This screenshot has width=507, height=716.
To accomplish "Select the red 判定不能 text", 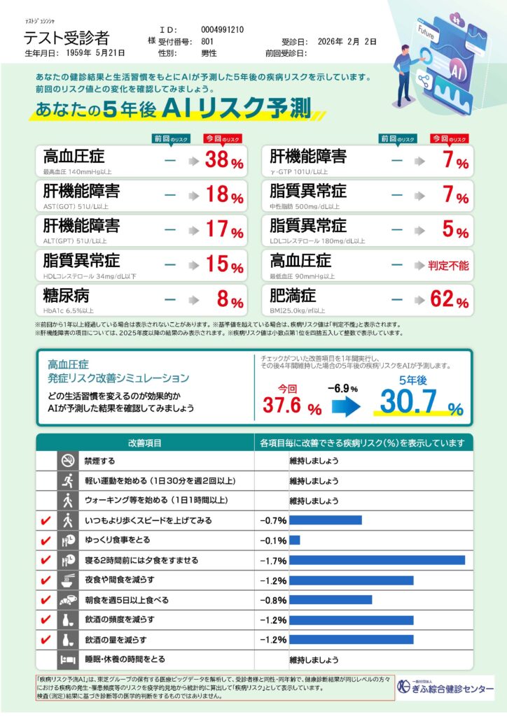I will pyautogui.click(x=448, y=266).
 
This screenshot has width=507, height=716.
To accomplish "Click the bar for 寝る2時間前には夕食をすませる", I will pyautogui.click(x=377, y=560).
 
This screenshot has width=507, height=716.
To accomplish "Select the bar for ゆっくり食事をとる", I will pyautogui.click(x=294, y=540).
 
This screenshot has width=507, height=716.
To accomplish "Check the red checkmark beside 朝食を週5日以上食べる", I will pyautogui.click(x=46, y=600).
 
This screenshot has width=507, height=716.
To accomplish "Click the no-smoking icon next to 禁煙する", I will pyautogui.click(x=68, y=461).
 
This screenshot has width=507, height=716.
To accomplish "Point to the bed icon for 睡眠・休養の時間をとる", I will pyautogui.click(x=68, y=659).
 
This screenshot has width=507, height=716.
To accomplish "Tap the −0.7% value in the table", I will pyautogui.click(x=272, y=521).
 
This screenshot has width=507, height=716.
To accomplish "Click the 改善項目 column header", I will pyautogui.click(x=145, y=443).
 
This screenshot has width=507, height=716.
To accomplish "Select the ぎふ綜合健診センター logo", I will pyautogui.click(x=445, y=688).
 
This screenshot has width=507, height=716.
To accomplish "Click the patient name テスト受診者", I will pyautogui.click(x=67, y=38).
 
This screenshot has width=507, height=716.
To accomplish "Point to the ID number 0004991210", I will pyautogui.click(x=222, y=30).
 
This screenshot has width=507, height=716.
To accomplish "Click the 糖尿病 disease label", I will pyautogui.click(x=66, y=294).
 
